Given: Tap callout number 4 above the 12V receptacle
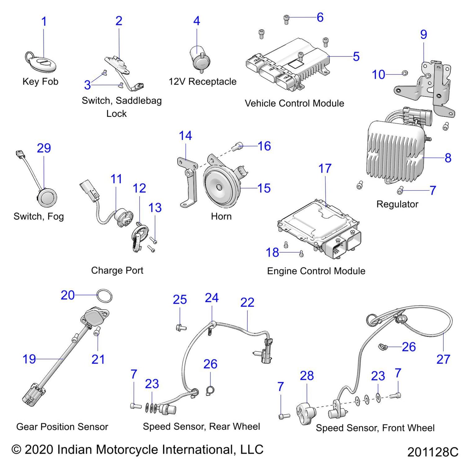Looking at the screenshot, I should point(197,21).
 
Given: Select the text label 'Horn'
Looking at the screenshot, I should point(221,216).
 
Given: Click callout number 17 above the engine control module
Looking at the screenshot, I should point(325,169).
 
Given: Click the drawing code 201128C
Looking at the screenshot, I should point(433,452).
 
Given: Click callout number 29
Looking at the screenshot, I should point(44,148).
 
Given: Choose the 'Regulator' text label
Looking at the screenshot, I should point(397,204).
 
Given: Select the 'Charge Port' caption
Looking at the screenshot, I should point(117,270).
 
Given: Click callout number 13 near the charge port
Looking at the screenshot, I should point(155,208).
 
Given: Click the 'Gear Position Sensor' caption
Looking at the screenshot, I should point(62,427).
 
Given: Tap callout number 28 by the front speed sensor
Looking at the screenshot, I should point(307,376).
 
